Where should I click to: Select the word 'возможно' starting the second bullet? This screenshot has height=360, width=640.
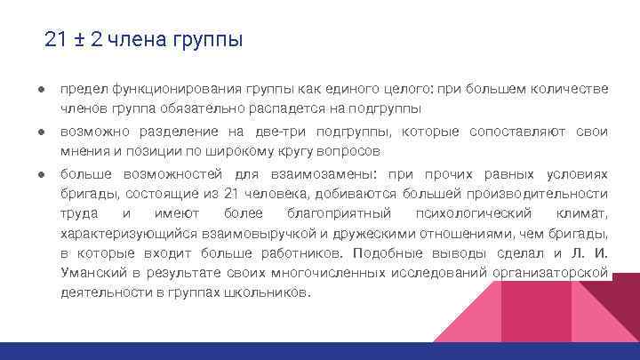tap(91, 132)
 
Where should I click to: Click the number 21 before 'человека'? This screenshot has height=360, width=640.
tap(233, 194)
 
